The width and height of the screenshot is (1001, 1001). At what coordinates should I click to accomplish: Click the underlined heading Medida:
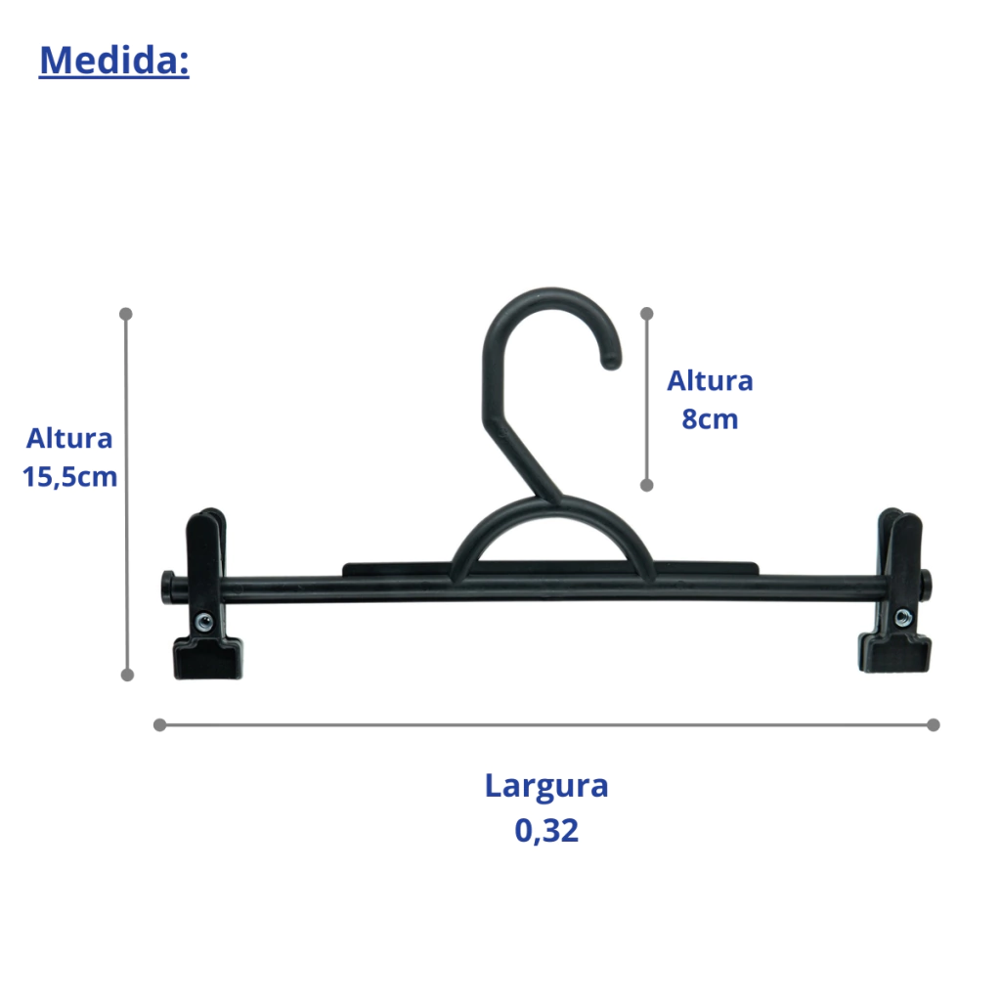(x=114, y=61)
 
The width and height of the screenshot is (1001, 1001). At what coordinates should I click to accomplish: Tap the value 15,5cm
(x=69, y=477)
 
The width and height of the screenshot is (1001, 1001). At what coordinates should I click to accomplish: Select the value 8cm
(x=710, y=419)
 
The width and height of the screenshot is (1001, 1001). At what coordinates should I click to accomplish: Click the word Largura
(x=546, y=787)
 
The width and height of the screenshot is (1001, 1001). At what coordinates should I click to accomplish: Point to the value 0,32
(x=546, y=831)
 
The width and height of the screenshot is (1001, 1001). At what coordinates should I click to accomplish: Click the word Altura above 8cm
(x=710, y=381)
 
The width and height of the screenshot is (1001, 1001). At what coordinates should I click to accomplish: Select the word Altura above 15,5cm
(x=69, y=439)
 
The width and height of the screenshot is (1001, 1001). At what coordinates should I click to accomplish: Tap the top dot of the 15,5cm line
(x=126, y=314)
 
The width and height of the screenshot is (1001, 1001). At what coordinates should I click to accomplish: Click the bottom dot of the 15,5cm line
(x=127, y=675)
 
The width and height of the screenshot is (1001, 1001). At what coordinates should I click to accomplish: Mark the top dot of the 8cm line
(x=647, y=314)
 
